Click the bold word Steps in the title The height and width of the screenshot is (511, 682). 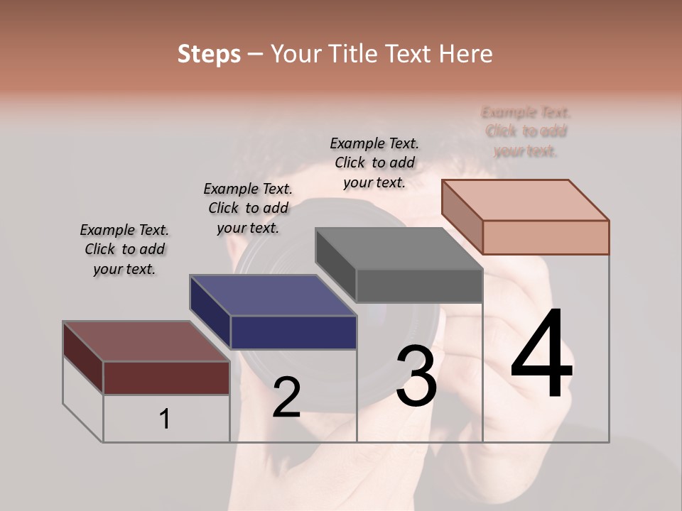[209, 54]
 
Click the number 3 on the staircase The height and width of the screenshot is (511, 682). [416, 376]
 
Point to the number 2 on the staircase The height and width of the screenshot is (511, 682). [286, 397]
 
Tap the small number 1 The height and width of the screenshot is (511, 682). [164, 419]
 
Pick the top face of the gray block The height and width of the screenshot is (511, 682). [398, 248]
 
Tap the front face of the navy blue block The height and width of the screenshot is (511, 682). [293, 332]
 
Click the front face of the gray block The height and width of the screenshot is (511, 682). [419, 286]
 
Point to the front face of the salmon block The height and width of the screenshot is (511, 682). [546, 237]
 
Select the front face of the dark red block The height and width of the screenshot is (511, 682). [167, 378]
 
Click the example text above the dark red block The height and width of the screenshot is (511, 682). [124, 249]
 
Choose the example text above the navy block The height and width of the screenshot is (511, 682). [248, 208]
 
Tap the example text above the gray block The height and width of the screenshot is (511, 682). [374, 163]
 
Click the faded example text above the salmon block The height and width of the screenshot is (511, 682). [526, 131]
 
